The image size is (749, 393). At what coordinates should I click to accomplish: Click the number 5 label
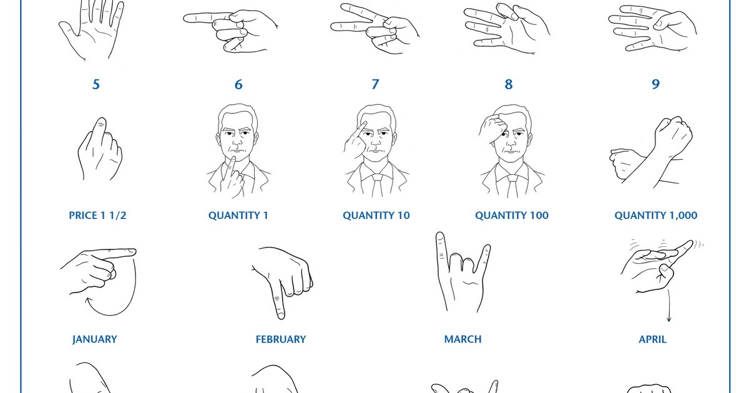95,84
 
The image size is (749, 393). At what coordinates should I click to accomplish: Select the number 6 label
238,84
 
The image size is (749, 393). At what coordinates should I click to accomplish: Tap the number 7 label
375,84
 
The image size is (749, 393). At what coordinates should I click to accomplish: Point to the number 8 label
512,84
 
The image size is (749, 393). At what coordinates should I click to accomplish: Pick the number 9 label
655,84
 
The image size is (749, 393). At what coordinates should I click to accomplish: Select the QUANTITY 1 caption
238,215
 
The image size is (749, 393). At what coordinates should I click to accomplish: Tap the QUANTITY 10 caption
376,215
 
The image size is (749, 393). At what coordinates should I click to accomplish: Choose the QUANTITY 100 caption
512,215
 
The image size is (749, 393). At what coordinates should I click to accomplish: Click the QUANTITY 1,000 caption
656,215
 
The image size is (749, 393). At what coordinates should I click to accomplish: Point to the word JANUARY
94,339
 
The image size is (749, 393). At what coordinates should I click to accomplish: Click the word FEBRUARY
281,339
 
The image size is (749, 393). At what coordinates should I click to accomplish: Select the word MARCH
463,339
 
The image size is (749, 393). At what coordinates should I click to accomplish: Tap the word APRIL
652,339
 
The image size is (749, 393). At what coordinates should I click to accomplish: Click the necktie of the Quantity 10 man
378,185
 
